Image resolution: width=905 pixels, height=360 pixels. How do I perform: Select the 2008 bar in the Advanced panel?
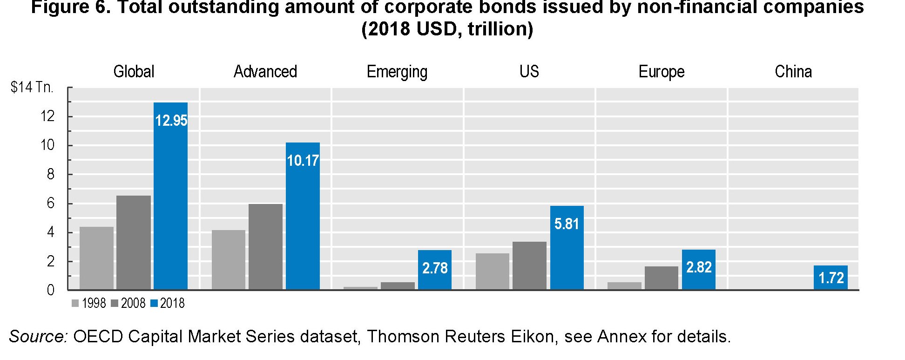pyautogui.click(x=265, y=247)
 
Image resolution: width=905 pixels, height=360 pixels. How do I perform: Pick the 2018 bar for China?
pyautogui.click(x=831, y=278)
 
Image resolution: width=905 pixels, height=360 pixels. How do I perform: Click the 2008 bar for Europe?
pyautogui.click(x=661, y=278)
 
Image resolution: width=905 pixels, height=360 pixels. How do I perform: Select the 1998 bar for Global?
pyautogui.click(x=96, y=258)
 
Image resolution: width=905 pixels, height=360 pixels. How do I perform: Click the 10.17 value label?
pyautogui.click(x=303, y=161)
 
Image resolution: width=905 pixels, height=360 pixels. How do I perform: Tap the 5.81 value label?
pyautogui.click(x=567, y=224)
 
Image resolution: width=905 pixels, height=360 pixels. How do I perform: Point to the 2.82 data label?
pyautogui.click(x=699, y=267)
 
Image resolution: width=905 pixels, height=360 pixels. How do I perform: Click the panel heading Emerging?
pyautogui.click(x=397, y=72)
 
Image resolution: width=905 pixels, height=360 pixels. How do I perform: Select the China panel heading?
pyautogui.click(x=793, y=72)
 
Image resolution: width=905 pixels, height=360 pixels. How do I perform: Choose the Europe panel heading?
pyautogui.click(x=661, y=72)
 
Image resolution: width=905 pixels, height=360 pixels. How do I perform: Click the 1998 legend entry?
pyautogui.click(x=89, y=304)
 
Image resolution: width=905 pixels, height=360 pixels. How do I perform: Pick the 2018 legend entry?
pyautogui.click(x=168, y=304)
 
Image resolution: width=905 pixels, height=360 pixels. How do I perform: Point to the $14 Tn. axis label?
pyautogui.click(x=32, y=87)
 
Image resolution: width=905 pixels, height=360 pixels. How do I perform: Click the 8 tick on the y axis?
pyautogui.click(x=50, y=174)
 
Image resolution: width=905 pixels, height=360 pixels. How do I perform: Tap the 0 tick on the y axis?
pyautogui.click(x=50, y=290)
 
